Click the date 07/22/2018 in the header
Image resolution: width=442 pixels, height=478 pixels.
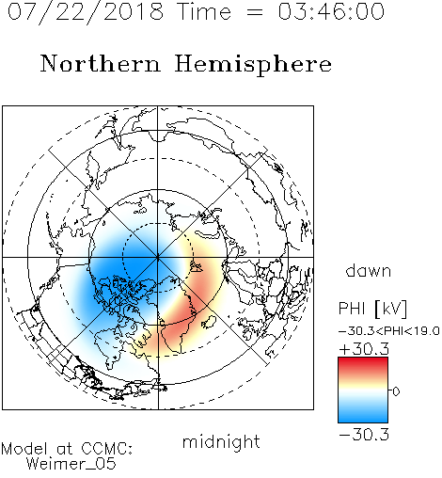pos(86,12)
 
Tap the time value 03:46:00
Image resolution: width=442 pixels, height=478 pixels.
pos(331,11)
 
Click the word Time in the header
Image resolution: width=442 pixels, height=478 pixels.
pos(204,11)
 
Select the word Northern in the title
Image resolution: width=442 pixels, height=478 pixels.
pos(100,63)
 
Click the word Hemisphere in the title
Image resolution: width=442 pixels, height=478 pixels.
pos(253,64)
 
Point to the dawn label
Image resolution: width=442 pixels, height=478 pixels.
pos(369,270)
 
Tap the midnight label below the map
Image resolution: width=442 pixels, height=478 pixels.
pos(221,441)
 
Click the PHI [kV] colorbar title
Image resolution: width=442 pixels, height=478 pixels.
pos(372,309)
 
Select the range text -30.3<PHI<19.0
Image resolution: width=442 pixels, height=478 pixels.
pos(388,331)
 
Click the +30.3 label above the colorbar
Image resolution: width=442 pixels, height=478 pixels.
pos(364,349)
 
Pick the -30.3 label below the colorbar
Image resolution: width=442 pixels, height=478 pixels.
pos(364,435)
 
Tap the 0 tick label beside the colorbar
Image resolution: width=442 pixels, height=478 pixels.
pos(396,391)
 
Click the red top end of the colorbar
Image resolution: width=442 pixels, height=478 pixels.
pos(363,360)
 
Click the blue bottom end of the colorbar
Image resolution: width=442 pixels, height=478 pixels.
pos(363,420)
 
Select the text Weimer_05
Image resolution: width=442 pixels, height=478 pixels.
pos(71,464)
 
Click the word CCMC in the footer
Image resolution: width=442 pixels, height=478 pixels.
pos(106,449)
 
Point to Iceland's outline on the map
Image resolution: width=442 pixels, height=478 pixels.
pos(209,322)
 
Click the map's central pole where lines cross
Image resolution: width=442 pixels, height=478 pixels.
pos(158,258)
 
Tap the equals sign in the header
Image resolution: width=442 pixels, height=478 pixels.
pos(254,12)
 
